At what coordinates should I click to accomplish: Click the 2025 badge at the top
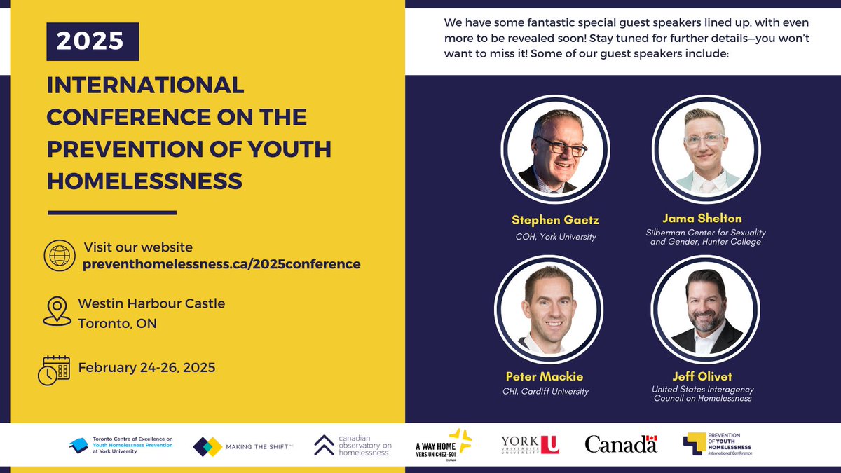tap(93, 41)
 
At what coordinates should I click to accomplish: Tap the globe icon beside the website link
tap(59, 256)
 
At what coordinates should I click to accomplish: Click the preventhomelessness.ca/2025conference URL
tap(221, 264)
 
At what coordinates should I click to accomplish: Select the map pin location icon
tap(57, 311)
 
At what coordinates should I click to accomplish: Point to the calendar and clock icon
tap(53, 370)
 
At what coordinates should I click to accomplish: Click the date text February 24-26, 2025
tap(146, 367)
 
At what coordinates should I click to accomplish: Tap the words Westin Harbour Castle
tap(151, 303)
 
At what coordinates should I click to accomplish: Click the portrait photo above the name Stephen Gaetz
tap(553, 149)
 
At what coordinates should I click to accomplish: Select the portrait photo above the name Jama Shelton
tap(705, 149)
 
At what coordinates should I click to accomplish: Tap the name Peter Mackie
tap(545, 376)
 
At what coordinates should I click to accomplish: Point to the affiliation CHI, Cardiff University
tap(546, 392)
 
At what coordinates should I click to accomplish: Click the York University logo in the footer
tap(530, 444)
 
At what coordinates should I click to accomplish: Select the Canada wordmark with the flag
tap(621, 444)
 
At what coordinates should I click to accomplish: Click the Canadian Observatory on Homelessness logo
tap(353, 445)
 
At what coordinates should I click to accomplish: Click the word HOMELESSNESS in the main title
tap(144, 181)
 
